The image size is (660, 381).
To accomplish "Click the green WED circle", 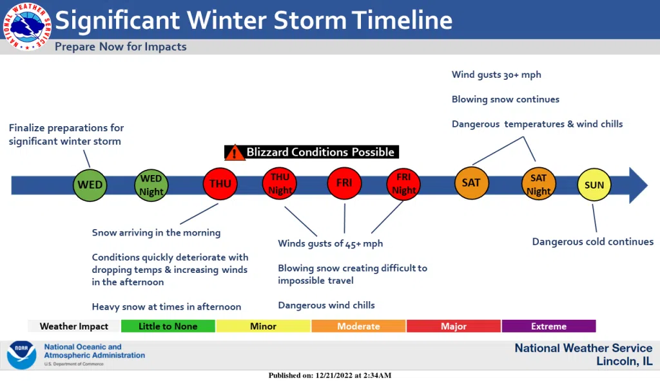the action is pos(90,185).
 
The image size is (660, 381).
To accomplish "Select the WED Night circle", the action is pos(151,185).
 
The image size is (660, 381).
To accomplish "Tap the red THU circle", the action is pos(220,183).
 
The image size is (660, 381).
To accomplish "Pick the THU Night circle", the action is pos(280,183).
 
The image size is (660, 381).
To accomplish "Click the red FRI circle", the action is pos(344,183).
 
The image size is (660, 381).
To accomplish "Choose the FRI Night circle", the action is pos(403,184).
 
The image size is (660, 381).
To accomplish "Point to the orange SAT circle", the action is pos(471,183).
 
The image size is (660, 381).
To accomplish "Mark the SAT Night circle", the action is pos(538,184).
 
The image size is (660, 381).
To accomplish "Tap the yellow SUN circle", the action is pos(594,185).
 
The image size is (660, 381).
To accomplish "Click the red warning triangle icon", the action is pos(235,153).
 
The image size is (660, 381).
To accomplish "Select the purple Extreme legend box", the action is pos(549,326).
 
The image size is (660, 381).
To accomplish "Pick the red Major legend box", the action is pos(454,326).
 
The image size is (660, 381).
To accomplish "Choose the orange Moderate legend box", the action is pos(358,326).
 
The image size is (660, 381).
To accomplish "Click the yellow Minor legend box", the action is pos(264,326).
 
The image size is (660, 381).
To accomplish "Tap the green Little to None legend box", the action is pos(168,326).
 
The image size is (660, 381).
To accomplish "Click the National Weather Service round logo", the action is pos(27,26).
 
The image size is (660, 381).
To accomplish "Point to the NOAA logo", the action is pos(21,355).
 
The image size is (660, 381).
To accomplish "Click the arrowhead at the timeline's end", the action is pos(639,185).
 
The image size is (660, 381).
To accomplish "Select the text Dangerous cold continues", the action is pos(593,241).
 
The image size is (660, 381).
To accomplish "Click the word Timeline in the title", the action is pos(402,20).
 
